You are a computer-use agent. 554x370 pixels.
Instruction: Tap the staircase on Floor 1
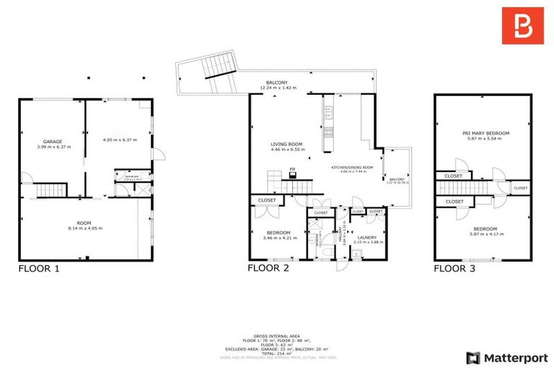[x=50, y=190]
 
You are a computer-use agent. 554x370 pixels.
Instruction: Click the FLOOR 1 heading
[x=38, y=268]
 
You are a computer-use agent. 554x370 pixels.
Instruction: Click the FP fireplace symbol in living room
[x=292, y=171]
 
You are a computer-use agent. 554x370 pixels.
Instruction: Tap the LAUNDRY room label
[x=369, y=236]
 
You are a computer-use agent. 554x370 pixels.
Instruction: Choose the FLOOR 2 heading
[x=268, y=268]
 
